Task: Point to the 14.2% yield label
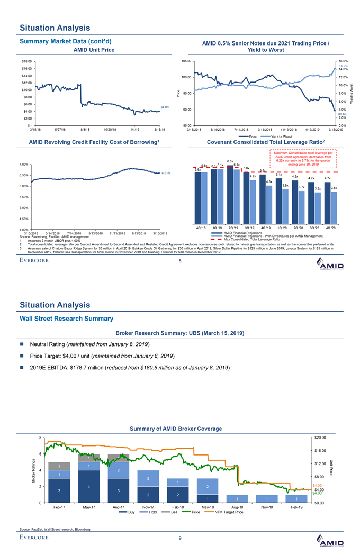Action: (x=343, y=66)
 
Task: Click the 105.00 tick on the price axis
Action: (x=186, y=61)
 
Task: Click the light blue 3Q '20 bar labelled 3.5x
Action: (x=318, y=207)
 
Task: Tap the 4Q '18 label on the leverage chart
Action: (x=201, y=228)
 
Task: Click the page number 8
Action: (x=180, y=261)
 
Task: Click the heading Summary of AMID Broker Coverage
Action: (x=179, y=428)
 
